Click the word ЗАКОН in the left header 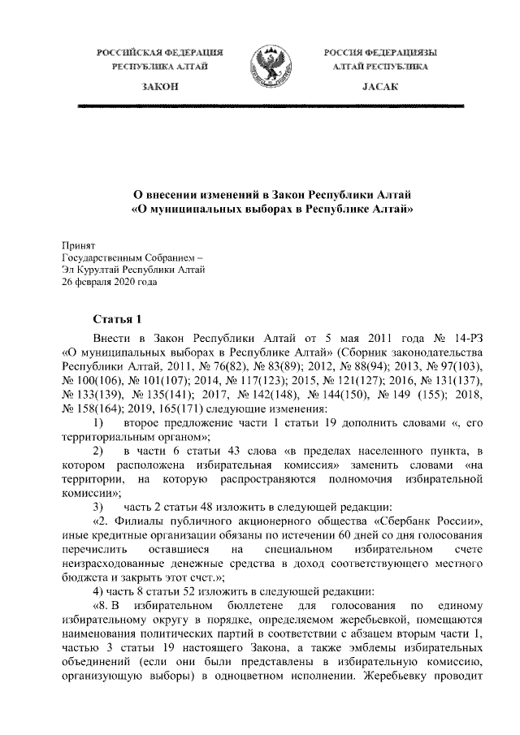click(160, 86)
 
